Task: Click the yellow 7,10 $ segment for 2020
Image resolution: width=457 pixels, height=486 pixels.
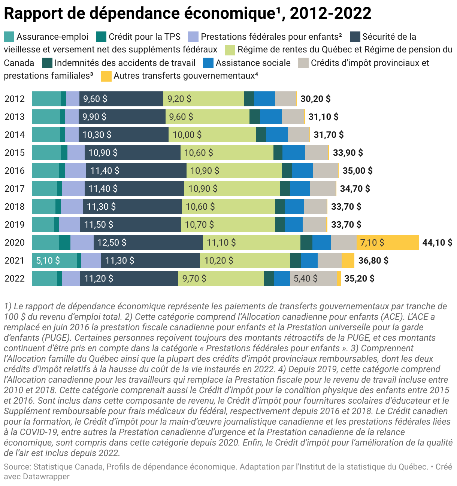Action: pos(387,243)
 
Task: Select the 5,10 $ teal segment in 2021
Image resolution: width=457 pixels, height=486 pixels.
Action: pos(55,261)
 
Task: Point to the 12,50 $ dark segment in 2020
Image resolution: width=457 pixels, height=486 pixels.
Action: pos(148,243)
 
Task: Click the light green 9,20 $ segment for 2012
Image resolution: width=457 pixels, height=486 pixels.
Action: pos(203,99)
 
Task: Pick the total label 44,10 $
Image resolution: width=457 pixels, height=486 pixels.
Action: pos(437,243)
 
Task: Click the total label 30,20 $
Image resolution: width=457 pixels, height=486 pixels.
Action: pos(315,99)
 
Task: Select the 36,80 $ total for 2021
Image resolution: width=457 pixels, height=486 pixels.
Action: pos(373,261)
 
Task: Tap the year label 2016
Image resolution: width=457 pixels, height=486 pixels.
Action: pos(15,171)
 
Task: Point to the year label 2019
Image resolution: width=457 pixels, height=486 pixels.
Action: pos(15,225)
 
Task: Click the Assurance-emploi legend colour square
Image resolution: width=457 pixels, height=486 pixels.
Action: pos(9,37)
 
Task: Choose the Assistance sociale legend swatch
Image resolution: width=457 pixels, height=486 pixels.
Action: pos(208,63)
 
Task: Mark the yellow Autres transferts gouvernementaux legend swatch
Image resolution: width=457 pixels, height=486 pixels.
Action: pos(106,76)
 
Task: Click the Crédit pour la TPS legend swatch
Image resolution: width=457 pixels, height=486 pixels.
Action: pos(101,37)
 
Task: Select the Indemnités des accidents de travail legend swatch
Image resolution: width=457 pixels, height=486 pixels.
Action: pos(47,63)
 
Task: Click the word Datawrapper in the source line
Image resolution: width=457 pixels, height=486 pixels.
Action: pos(46,477)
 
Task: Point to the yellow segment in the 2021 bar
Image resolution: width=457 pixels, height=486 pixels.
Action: pos(348,261)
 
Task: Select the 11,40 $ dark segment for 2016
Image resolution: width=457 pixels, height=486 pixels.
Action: pos(136,171)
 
